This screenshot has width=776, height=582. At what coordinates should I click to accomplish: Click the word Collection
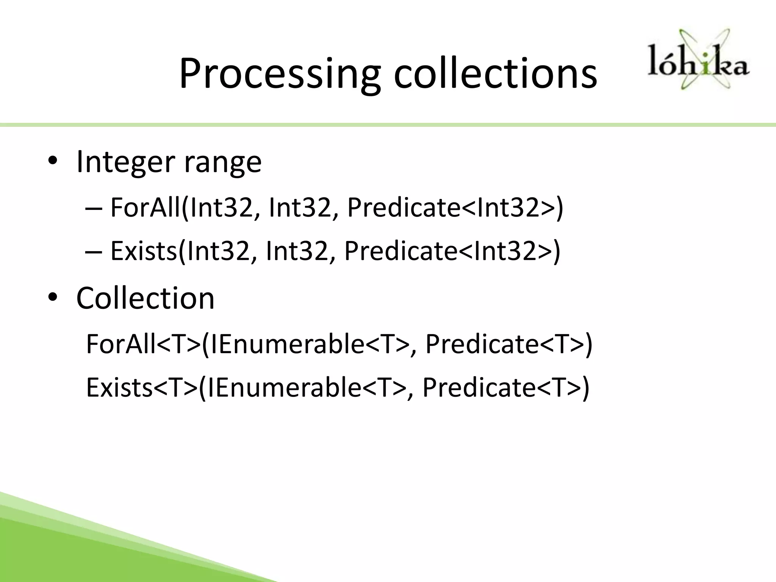pyautogui.click(x=145, y=298)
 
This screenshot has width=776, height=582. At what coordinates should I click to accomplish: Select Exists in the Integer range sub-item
pyautogui.click(x=144, y=251)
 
